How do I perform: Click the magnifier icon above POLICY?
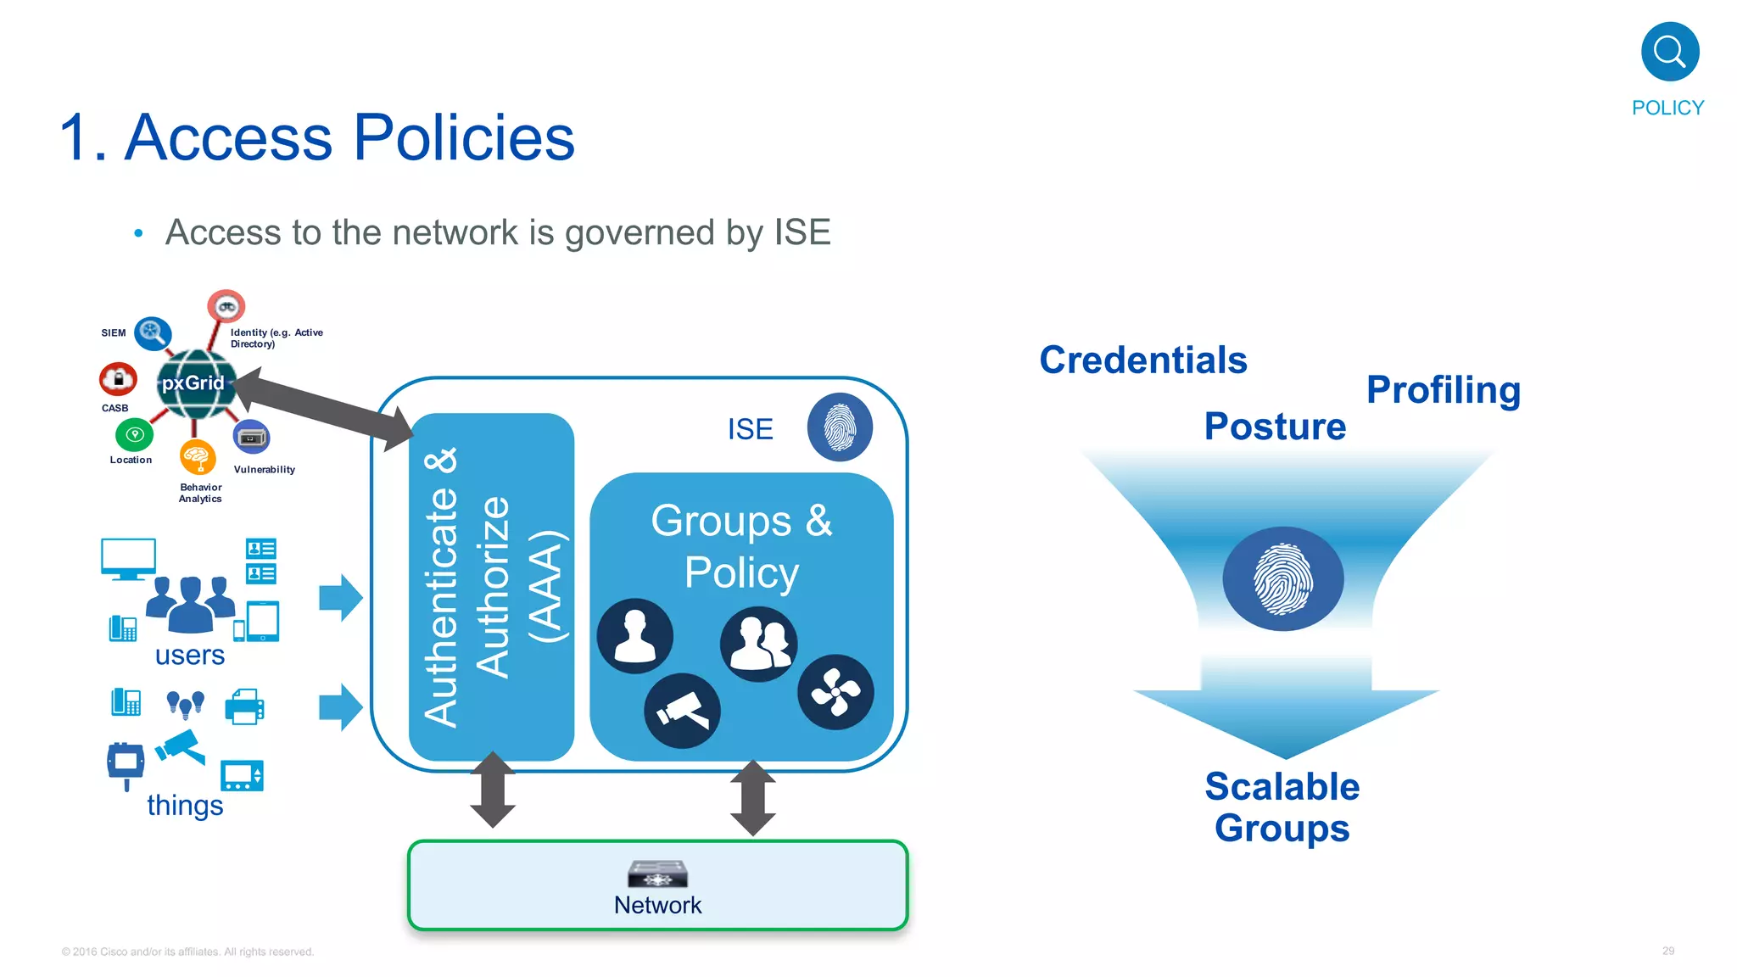(x=1669, y=52)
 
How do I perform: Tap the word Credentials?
(x=1142, y=360)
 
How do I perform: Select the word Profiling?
(x=1443, y=390)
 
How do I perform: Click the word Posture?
(x=1274, y=426)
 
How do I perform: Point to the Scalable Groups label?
(x=1282, y=807)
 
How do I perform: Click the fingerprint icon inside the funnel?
(x=1282, y=579)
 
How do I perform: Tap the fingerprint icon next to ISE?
(x=839, y=427)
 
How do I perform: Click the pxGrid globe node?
(x=194, y=384)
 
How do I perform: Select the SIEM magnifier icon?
(x=153, y=332)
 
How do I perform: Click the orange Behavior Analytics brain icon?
(x=197, y=457)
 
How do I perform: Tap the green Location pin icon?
(x=134, y=435)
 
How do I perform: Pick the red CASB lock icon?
(x=118, y=379)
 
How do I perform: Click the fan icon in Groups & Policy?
(x=835, y=692)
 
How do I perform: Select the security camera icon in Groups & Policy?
(x=682, y=711)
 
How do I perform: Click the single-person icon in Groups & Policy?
(x=634, y=636)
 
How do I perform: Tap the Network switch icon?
(x=657, y=874)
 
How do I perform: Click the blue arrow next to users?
(x=341, y=598)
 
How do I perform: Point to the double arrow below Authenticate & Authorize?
(x=493, y=790)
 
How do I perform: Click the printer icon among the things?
(x=245, y=706)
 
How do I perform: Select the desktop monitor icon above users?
(x=128, y=558)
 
